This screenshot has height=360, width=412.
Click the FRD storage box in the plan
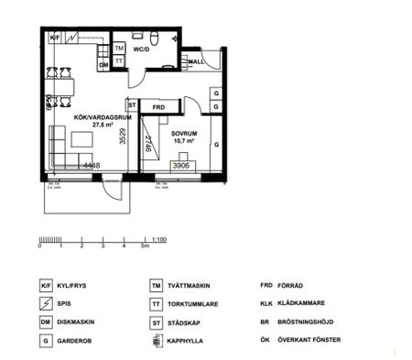pos(158,106)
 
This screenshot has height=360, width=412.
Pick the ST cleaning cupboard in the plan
pos(132,104)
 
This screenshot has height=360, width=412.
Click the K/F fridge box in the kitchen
pos(55,38)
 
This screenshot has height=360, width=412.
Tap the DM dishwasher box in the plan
pos(103,66)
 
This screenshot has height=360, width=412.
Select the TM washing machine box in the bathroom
pos(119,47)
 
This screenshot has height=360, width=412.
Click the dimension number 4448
pos(91,166)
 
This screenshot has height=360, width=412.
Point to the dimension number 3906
pos(180,166)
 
